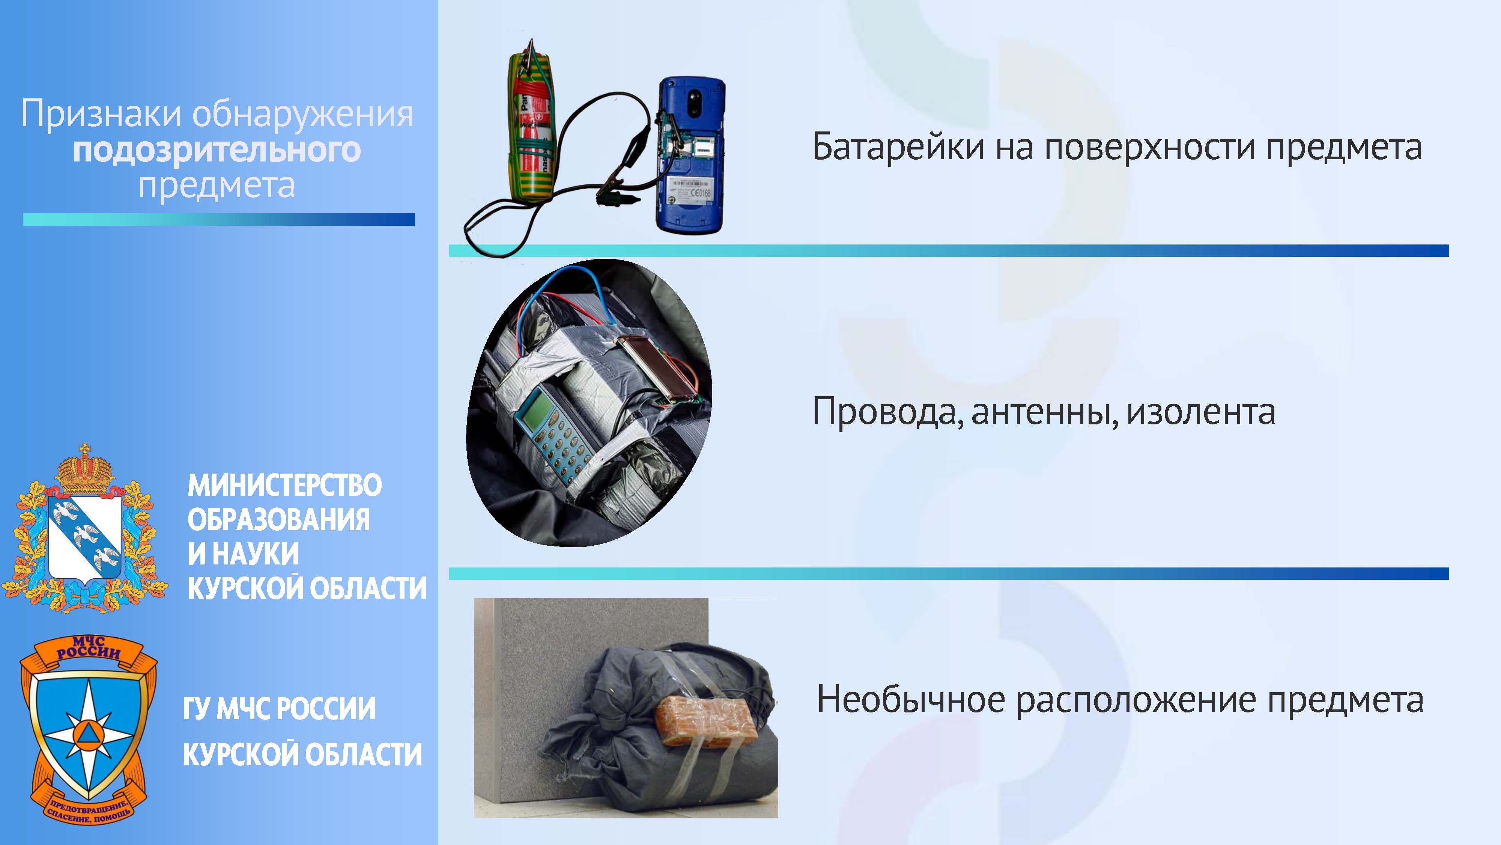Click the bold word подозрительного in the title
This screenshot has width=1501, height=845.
tap(217, 151)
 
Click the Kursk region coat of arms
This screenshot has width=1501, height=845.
tap(85, 528)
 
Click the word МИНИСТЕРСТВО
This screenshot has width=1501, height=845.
tap(284, 485)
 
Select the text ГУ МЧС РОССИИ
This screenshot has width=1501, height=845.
tap(279, 709)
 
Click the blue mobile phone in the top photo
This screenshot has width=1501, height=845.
tap(692, 156)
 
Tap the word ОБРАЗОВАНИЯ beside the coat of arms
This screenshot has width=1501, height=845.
tap(278, 520)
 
